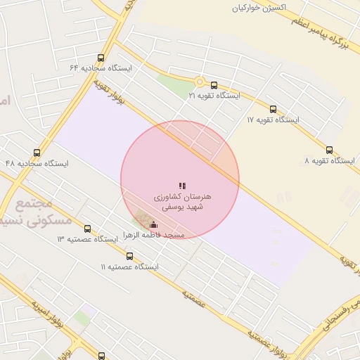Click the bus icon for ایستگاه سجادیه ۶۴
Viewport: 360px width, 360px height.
[x=101, y=58]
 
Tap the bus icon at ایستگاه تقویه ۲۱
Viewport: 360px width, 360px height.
[x=214, y=85]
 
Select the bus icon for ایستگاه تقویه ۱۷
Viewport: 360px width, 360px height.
[x=273, y=109]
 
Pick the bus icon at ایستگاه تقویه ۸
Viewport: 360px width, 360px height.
[x=330, y=150]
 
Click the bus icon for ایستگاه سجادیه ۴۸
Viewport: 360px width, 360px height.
[x=37, y=153]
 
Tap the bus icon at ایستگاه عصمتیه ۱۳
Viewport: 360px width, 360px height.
[x=87, y=229]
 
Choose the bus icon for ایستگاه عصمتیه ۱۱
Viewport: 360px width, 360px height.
[x=129, y=256]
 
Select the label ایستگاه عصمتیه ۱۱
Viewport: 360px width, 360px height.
[x=129, y=266]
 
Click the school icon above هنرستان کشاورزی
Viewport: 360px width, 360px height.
[x=182, y=186]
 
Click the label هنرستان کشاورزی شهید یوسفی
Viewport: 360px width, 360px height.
[x=182, y=202]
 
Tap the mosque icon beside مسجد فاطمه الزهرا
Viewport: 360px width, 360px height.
[x=153, y=225]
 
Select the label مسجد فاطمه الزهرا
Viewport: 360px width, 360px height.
[x=153, y=235]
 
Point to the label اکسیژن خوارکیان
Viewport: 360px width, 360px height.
[x=262, y=8]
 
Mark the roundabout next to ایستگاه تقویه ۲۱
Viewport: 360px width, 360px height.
[x=200, y=82]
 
